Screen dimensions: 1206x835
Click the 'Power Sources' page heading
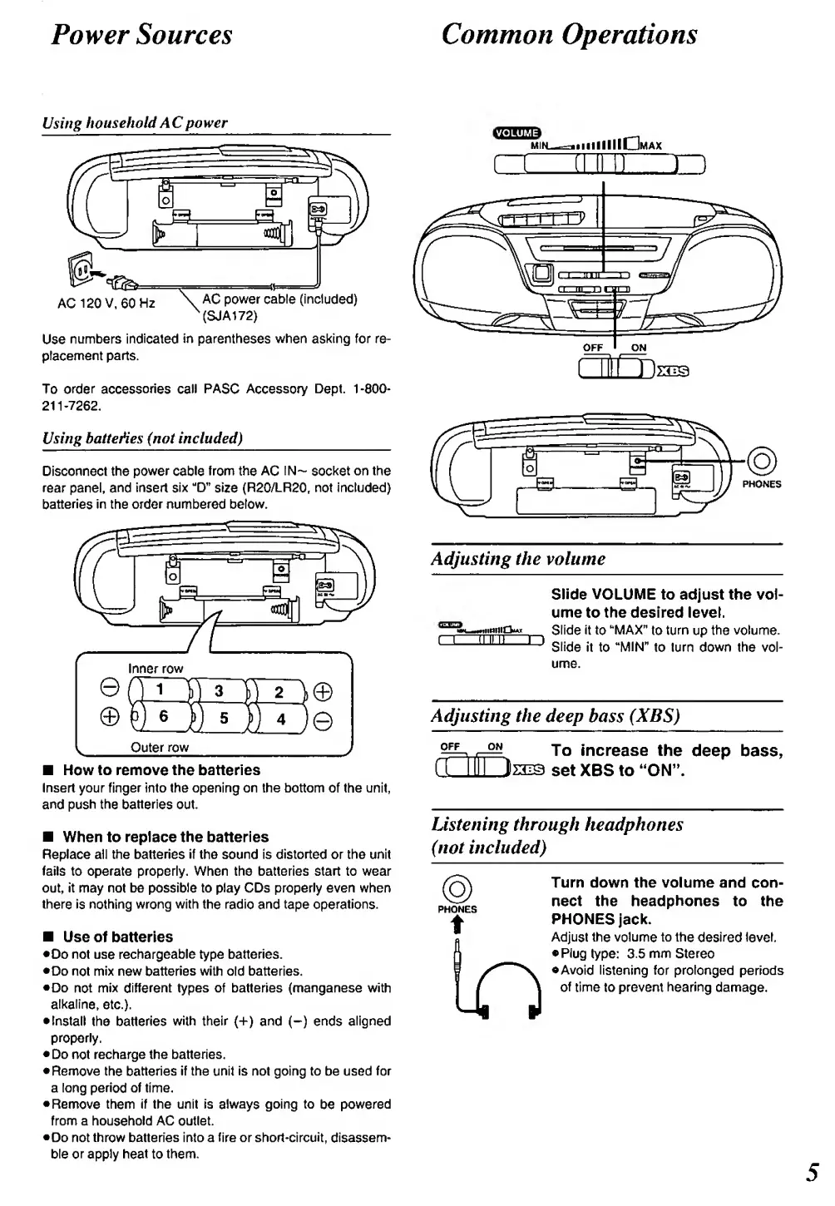(x=141, y=34)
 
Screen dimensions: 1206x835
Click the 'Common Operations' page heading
(x=569, y=34)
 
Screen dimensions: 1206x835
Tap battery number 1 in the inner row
(x=161, y=689)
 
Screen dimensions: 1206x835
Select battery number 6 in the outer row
(x=163, y=716)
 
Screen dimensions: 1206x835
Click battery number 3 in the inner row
(x=219, y=690)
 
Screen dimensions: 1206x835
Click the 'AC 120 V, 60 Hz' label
(x=106, y=303)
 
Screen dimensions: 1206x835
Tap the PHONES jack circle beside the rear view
(x=761, y=459)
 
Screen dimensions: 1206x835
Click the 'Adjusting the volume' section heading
(x=518, y=559)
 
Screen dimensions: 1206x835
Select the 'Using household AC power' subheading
(x=135, y=123)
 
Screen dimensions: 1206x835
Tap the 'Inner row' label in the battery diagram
(x=156, y=668)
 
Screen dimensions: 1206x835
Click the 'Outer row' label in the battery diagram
(x=160, y=747)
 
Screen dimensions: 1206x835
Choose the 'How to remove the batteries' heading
(x=161, y=770)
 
